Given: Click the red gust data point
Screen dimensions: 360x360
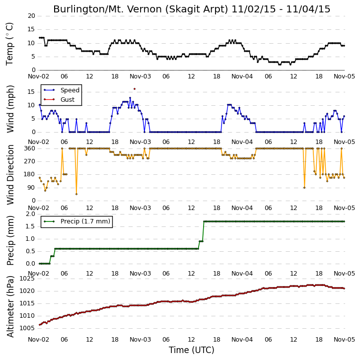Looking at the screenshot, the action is [135, 89].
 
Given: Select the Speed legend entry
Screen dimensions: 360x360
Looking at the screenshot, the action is [62, 90].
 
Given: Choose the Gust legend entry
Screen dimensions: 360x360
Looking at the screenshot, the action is [59, 99].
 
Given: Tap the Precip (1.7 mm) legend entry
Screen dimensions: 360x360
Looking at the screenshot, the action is [77, 221].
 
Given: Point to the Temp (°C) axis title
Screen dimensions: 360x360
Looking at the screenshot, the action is [9, 44].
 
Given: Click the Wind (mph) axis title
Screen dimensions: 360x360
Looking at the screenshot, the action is [10, 109].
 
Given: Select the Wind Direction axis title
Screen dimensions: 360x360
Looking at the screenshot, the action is [10, 175].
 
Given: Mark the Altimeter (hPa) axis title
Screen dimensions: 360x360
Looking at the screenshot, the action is [10, 306].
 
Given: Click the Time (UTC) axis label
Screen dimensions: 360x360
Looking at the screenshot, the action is [192, 350].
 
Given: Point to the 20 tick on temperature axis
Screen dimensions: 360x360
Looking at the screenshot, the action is [31, 16].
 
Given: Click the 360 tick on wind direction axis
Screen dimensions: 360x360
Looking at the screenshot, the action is [30, 148].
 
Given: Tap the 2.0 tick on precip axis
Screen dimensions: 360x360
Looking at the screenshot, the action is [30, 214].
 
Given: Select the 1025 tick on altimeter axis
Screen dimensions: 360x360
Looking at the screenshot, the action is [27, 279].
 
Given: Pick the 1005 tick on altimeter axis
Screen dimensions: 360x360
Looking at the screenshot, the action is [27, 328].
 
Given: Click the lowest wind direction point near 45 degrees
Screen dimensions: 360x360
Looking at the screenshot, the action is [76, 194].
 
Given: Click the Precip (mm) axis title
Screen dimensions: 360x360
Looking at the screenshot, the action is [10, 241].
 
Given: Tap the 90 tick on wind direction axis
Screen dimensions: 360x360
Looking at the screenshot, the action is [31, 188].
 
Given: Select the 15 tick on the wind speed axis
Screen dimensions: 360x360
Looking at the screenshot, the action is [31, 92].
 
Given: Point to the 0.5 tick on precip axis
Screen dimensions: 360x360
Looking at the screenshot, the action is [30, 251].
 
